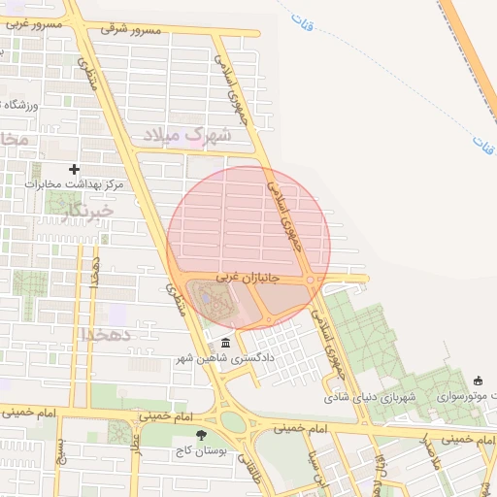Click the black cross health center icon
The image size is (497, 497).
74,169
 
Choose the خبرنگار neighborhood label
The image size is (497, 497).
86,210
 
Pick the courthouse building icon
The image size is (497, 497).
226,344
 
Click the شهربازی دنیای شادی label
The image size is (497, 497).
369,397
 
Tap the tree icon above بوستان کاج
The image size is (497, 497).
201,435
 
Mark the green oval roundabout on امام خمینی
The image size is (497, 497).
233,421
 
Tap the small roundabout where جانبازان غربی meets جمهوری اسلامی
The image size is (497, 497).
310,281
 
